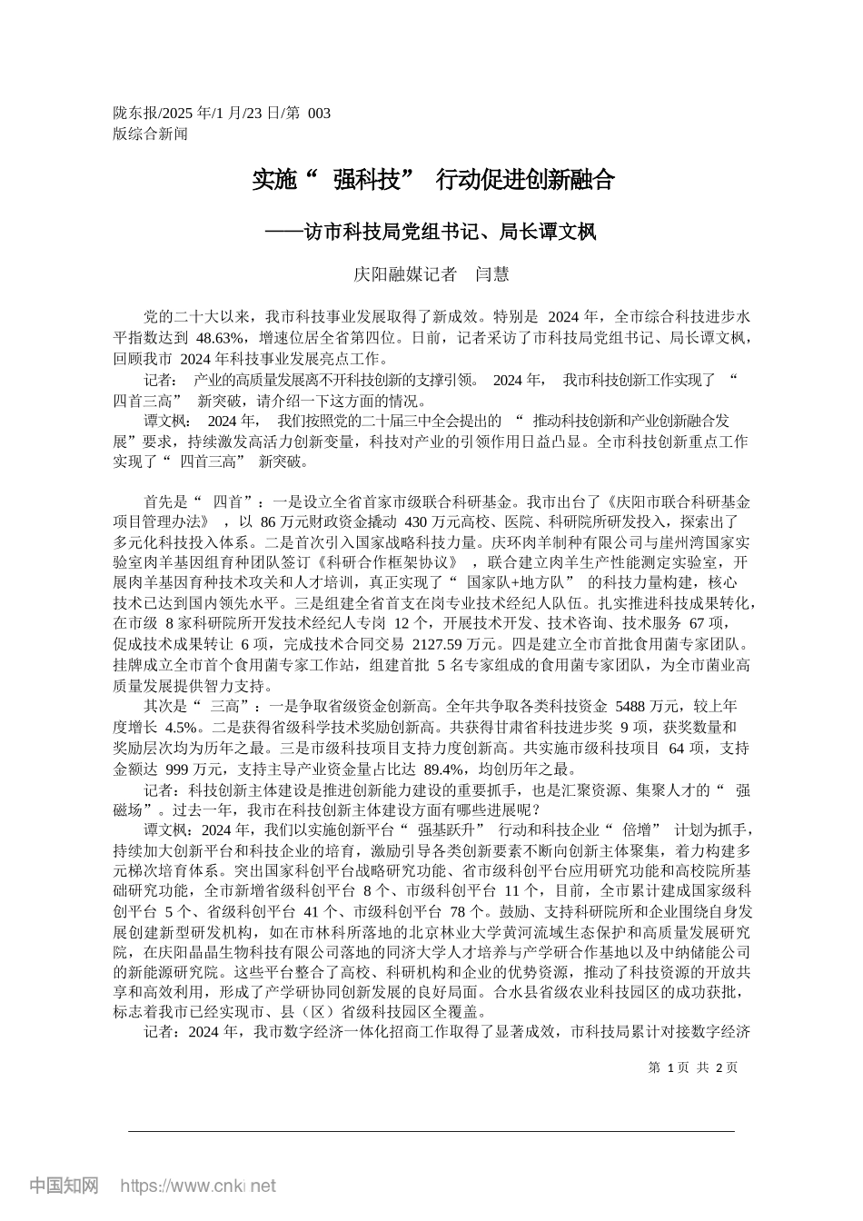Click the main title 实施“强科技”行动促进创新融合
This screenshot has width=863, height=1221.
pyautogui.click(x=432, y=180)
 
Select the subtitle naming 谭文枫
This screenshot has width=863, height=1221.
pyautogui.click(x=431, y=232)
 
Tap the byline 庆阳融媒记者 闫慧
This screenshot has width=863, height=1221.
pyautogui.click(x=431, y=273)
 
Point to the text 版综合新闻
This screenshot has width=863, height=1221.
pyautogui.click(x=150, y=134)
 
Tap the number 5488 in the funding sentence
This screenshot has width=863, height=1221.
pyautogui.click(x=635, y=706)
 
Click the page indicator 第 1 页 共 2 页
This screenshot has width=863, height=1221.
pyautogui.click(x=693, y=1067)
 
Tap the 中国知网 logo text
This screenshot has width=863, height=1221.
pyautogui.click(x=64, y=1186)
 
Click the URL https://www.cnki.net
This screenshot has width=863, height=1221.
pyautogui.click(x=198, y=1186)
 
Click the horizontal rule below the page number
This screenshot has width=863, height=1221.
pyautogui.click(x=431, y=1130)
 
